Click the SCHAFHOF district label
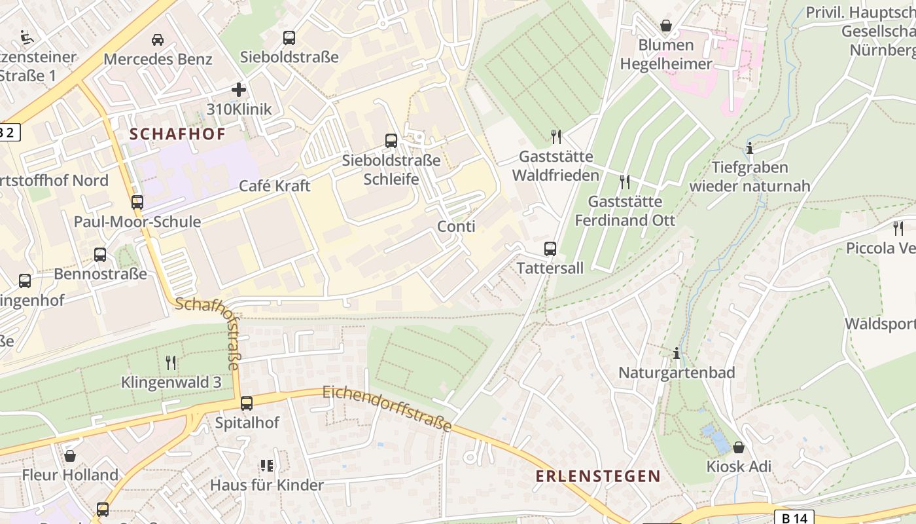tap(177, 134)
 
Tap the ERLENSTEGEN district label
tap(598, 476)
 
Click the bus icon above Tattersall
tap(550, 249)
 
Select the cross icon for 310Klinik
tap(239, 90)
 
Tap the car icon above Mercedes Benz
tap(158, 40)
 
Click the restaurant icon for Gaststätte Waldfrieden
tap(556, 136)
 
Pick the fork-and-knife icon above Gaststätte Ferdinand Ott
tap(625, 181)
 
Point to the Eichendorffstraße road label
tap(387, 409)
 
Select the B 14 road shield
tap(794, 517)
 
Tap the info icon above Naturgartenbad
tap(677, 354)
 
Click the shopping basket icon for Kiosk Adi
tap(739, 447)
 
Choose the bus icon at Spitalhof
tap(247, 403)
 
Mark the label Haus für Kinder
tap(266, 485)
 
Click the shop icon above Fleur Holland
tap(70, 455)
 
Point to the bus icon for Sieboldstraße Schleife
tap(391, 140)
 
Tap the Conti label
tap(456, 227)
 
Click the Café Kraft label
tap(274, 185)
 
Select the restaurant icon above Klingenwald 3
tap(171, 362)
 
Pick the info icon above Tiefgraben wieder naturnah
tap(750, 148)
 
